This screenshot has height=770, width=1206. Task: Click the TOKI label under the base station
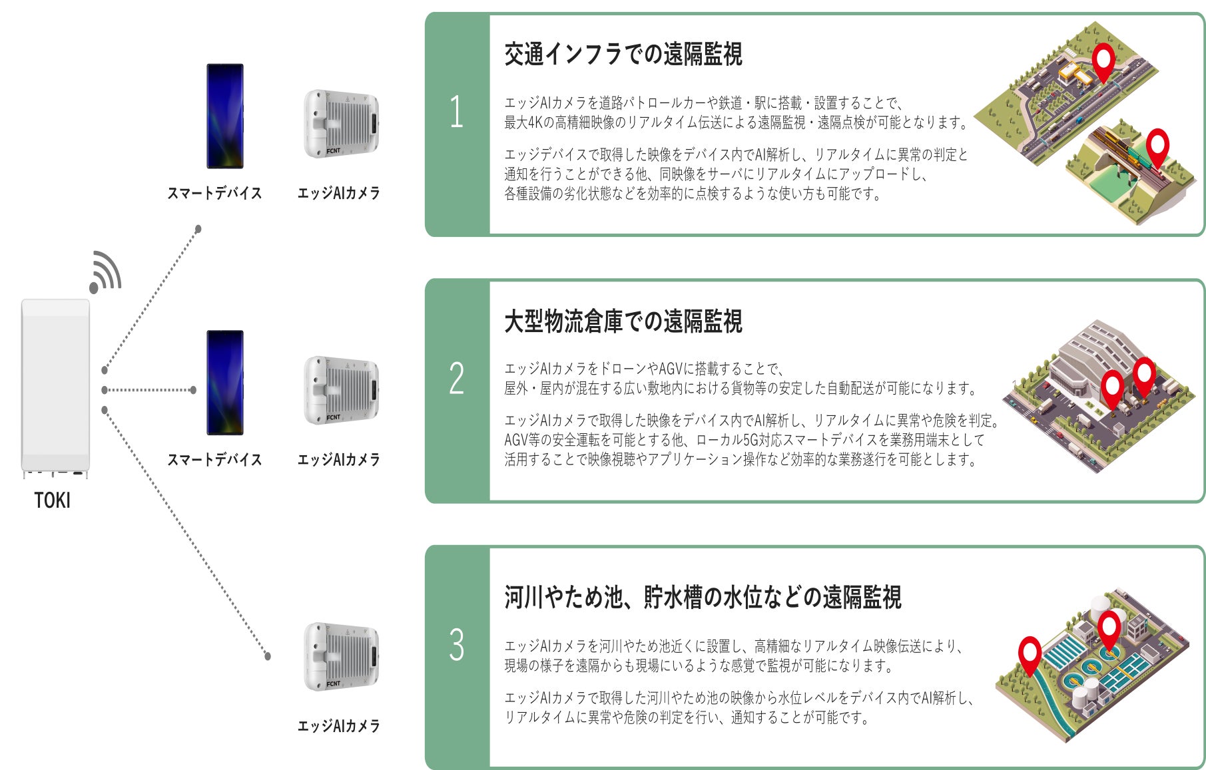click(x=52, y=500)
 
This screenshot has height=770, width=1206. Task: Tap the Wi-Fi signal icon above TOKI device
click(x=106, y=272)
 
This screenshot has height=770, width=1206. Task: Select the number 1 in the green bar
click(x=456, y=111)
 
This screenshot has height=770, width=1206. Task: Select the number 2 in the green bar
click(x=456, y=378)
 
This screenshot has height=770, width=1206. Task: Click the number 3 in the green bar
click(x=456, y=644)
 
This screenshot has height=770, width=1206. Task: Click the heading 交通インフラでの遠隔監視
click(x=623, y=55)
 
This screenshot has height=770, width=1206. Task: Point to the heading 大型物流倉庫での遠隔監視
click(x=623, y=321)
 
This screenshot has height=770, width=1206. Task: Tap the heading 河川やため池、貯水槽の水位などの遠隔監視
click(x=703, y=598)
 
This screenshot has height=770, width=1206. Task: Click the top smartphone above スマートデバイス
click(x=225, y=116)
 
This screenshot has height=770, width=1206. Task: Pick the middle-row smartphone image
click(x=225, y=383)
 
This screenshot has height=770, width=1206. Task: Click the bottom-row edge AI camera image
click(x=342, y=657)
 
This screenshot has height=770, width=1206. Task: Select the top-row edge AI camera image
click(x=342, y=124)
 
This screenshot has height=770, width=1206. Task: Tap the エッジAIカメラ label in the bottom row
click(x=338, y=726)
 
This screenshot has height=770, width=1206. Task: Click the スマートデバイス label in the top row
click(x=214, y=193)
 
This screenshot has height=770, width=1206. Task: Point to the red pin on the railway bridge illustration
click(x=1157, y=146)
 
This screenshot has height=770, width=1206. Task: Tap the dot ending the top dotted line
click(x=198, y=229)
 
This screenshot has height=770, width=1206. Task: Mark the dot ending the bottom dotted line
click(x=268, y=656)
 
